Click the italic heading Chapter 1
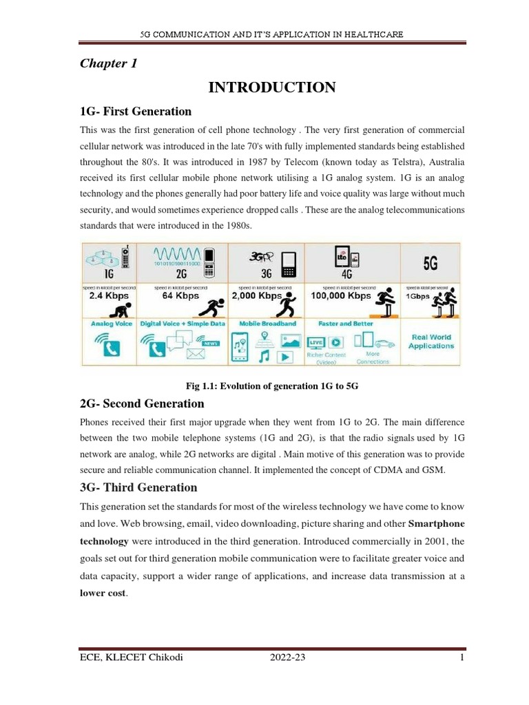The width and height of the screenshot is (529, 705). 109,63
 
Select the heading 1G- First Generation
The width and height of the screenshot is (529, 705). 136,112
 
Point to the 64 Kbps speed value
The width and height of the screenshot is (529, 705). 180,295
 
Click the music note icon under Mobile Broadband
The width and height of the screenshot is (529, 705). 263,356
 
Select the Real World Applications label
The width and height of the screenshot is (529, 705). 431,341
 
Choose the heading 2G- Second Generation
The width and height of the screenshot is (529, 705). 143,403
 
